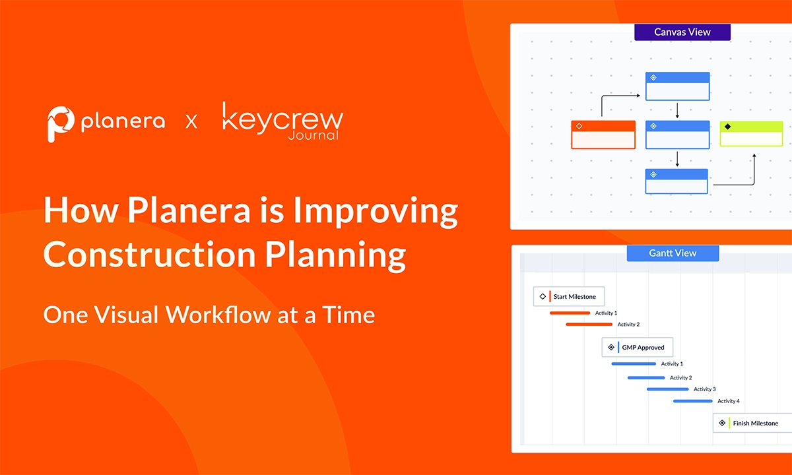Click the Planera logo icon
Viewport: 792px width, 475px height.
[61, 123]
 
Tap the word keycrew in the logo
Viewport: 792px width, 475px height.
[282, 119]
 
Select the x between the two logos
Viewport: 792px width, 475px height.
[191, 121]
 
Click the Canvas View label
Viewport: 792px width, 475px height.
[682, 32]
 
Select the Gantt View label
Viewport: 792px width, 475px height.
[672, 253]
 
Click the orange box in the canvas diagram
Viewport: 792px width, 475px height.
[603, 135]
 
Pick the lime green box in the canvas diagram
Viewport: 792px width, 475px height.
[751, 134]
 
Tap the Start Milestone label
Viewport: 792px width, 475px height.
[574, 297]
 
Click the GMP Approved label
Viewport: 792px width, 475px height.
[643, 348]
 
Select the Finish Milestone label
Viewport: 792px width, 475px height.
[755, 423]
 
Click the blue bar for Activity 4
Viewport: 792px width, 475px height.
[693, 401]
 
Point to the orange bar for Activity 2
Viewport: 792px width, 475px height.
[589, 325]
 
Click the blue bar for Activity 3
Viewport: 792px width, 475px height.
[667, 389]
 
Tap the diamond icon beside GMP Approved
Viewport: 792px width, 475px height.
[611, 348]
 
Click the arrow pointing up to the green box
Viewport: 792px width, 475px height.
[754, 158]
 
